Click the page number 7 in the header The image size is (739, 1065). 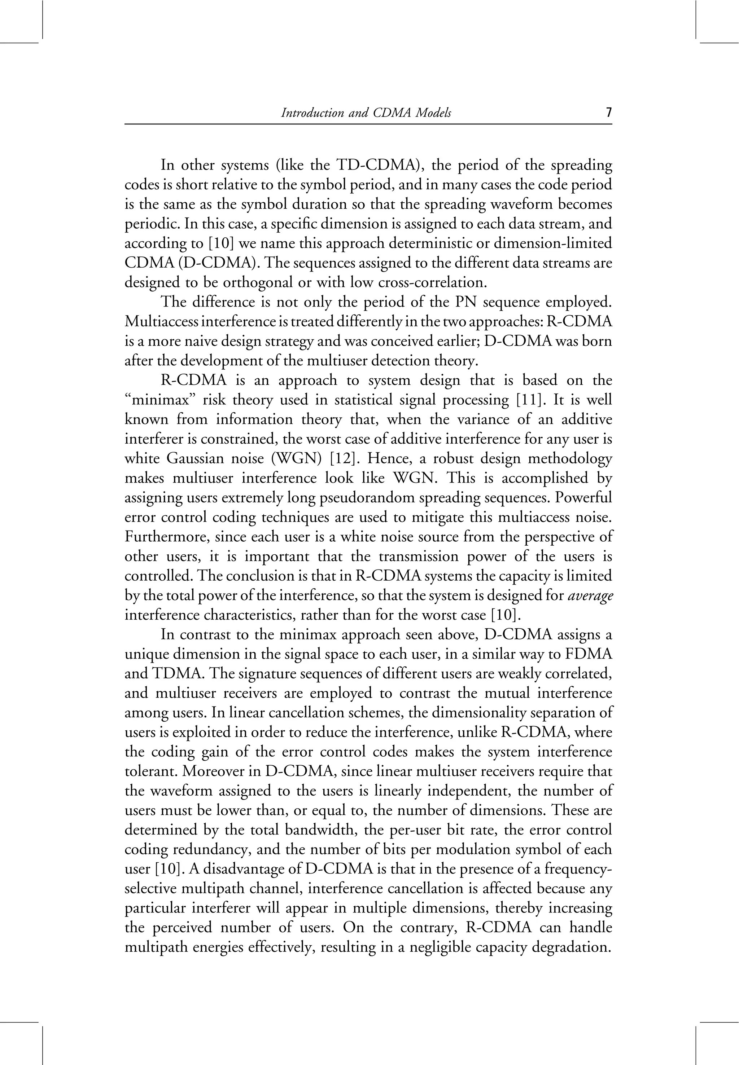pos(608,113)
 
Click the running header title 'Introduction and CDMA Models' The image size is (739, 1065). pos(366,113)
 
